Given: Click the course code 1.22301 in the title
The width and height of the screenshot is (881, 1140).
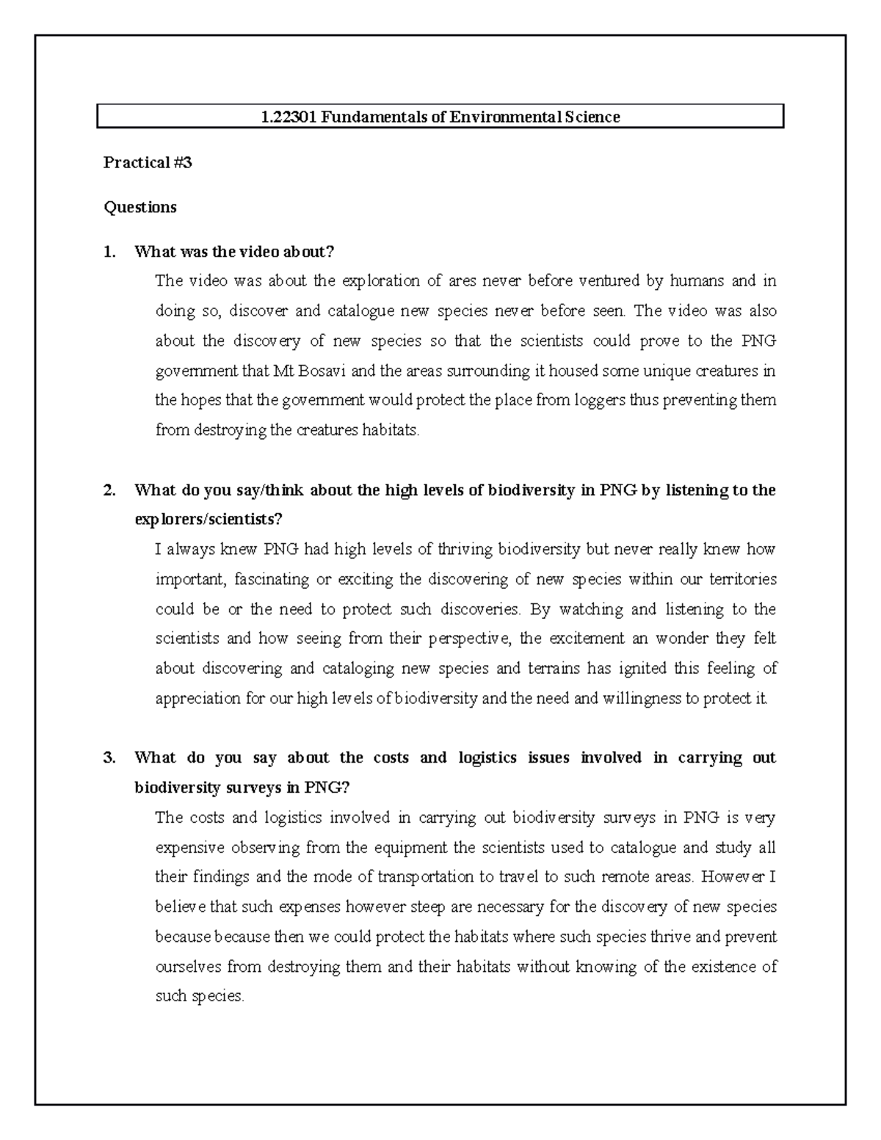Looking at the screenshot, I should (x=286, y=117).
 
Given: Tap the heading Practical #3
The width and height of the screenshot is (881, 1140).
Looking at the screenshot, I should (x=148, y=163).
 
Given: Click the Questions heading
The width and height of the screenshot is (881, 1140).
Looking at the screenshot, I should (x=140, y=208).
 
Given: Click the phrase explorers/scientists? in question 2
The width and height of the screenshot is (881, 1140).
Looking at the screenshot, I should (x=209, y=520).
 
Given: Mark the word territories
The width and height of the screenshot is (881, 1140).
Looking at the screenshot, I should (x=743, y=580).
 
